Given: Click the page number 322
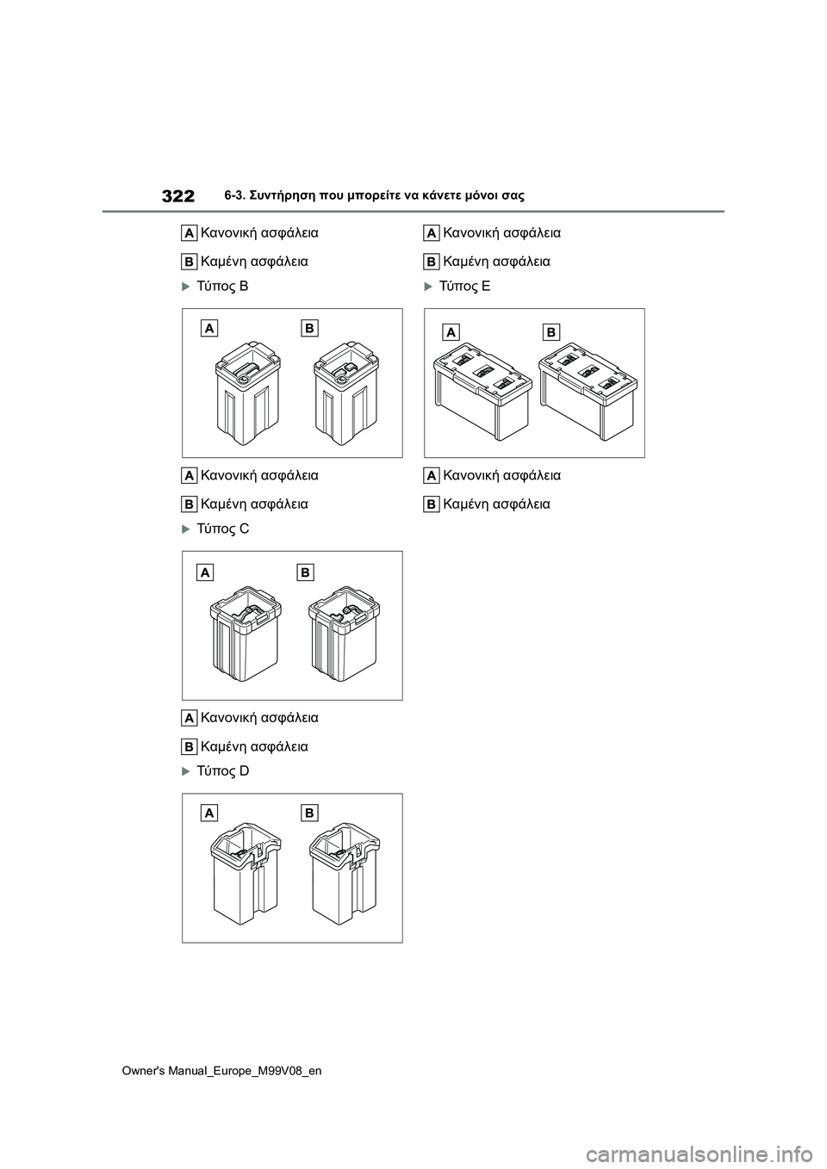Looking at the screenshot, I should (x=177, y=196).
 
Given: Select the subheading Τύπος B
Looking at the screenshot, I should (x=222, y=286).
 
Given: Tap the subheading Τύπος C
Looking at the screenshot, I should (x=222, y=529).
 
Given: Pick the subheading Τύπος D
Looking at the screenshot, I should (x=222, y=770).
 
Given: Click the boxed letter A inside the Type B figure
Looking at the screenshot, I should (x=210, y=328).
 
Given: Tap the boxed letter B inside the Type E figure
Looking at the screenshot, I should (x=550, y=332).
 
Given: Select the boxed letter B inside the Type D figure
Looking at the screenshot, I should (x=309, y=813).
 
